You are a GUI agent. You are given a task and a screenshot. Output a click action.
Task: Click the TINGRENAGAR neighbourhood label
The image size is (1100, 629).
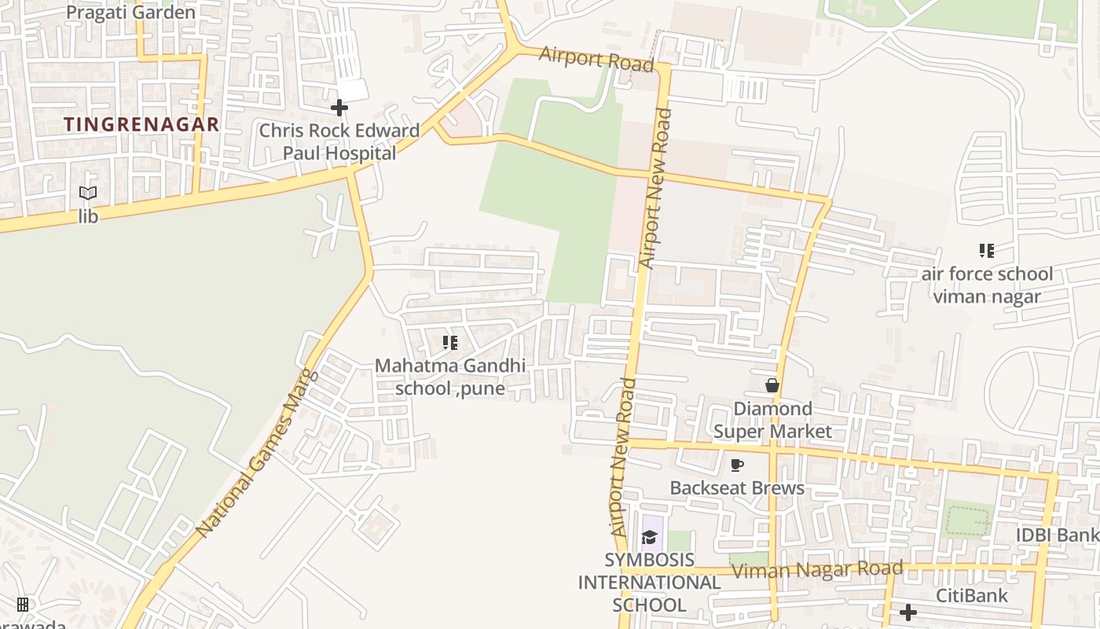pos(141,124)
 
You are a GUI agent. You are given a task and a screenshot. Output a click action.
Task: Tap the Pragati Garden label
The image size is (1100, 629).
pos(130,13)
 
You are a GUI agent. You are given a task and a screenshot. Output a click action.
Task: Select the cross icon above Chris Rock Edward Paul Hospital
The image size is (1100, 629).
pos(339,107)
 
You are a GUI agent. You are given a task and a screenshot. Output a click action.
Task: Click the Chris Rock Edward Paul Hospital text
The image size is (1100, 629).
pos(339,142)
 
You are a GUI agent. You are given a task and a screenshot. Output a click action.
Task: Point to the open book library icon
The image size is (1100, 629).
pos(88,193)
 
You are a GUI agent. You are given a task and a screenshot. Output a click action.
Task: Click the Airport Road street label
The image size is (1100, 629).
pos(597,58)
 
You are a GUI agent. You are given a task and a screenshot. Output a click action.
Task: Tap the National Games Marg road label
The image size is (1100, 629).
pos(258,454)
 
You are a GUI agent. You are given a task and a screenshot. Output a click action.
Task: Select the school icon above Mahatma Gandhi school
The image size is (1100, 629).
pos(450,342)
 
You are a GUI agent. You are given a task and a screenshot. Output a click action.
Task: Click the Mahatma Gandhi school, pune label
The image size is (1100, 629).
pos(450,377)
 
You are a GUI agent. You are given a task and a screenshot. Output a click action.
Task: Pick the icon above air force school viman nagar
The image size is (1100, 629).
pos(987,251)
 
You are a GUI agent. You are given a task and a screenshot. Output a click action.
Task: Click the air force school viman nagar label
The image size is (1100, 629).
pos(987,285)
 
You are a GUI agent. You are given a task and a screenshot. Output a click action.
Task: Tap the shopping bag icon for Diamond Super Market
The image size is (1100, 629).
pos(772,385)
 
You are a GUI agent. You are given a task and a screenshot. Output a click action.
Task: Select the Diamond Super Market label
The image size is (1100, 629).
pos(772,420)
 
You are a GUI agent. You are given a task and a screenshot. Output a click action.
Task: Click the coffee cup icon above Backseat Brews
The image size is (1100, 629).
pos(737,465)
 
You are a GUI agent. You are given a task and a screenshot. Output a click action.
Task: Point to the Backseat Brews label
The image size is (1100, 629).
pos(737,487)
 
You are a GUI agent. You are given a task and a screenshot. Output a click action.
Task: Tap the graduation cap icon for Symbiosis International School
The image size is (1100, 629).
pos(649,537)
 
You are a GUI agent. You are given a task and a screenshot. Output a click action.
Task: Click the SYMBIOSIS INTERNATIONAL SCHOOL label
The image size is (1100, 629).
pos(649,583)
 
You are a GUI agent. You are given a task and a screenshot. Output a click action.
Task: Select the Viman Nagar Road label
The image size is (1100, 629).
pos(817,569)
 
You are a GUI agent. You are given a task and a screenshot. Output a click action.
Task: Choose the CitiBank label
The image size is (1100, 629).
pos(971,595)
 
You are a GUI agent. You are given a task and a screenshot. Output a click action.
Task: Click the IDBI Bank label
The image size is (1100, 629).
pos(1058,535)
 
